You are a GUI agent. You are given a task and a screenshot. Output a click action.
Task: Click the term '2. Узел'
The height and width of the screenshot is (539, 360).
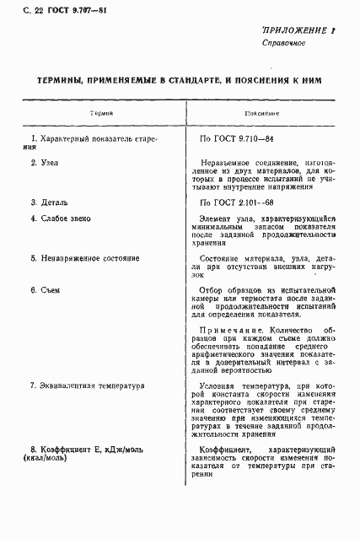pos(45,160)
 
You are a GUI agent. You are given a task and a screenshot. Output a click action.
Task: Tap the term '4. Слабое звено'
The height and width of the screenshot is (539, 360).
pos(62,218)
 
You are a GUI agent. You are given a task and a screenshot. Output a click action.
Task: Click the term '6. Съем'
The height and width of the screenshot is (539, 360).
pos(46,290)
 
